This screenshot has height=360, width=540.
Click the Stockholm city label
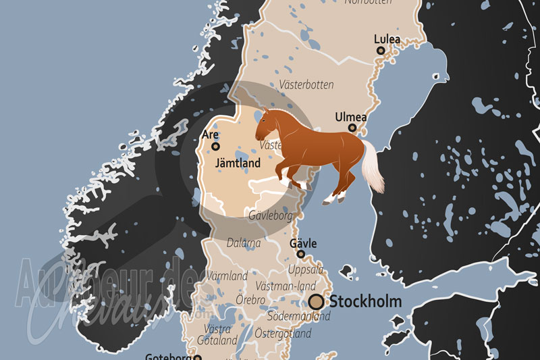pos(364,301)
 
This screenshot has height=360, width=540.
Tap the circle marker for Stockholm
pos(316,302)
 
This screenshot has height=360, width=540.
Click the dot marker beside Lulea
pos(381,51)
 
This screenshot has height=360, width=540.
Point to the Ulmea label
pos(351,118)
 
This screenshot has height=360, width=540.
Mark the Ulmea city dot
pos(352,128)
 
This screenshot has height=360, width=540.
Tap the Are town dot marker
pos(216,146)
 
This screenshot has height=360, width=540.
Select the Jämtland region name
pos(238,163)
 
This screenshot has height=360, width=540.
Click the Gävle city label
pos(303,243)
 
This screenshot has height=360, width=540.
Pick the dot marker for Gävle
pos(301,255)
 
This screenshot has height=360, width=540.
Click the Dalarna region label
pos(244,241)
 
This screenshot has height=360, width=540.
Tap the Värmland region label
pos(227,276)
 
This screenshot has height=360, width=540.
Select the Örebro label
pos(250,299)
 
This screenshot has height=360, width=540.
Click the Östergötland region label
pos(283,334)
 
